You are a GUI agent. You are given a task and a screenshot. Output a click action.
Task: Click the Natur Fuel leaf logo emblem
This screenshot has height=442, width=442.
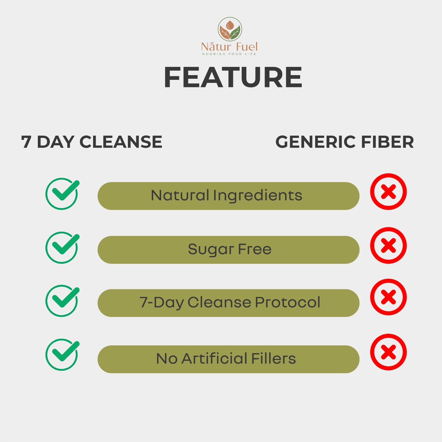click(x=230, y=29)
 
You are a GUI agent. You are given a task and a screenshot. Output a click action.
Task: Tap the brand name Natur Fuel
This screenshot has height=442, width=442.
click(x=230, y=47)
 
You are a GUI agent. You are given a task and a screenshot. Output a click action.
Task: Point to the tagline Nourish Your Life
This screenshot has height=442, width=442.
click(x=229, y=54)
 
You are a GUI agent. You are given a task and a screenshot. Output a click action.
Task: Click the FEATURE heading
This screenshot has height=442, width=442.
click(x=233, y=77)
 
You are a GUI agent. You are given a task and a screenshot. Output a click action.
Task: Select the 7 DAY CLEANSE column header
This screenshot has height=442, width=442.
click(x=91, y=142)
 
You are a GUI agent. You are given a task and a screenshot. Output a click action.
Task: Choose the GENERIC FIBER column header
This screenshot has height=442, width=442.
click(x=345, y=142)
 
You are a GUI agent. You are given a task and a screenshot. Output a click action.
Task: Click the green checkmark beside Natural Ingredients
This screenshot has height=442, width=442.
click(x=62, y=194)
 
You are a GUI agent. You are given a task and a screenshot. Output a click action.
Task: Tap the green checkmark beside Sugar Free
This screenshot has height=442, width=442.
click(x=62, y=247)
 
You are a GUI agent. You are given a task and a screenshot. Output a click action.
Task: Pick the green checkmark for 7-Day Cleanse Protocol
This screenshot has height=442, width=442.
click(x=62, y=301)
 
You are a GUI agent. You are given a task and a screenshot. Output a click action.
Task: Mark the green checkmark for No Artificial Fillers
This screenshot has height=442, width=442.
click(x=62, y=354)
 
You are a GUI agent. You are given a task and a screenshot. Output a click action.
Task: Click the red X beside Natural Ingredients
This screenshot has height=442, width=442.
click(x=388, y=191)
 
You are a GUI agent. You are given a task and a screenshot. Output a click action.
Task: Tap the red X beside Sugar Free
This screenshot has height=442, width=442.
click(x=388, y=245)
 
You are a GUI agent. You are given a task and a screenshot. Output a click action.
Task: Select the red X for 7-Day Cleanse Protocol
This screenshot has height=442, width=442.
click(x=388, y=297)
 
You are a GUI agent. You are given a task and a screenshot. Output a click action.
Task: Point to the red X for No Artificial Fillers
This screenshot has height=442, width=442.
click(x=388, y=352)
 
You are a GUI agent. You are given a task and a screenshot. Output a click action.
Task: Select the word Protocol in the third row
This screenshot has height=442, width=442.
click(x=288, y=302)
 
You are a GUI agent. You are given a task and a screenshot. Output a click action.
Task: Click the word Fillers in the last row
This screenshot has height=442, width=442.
click(x=273, y=359)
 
